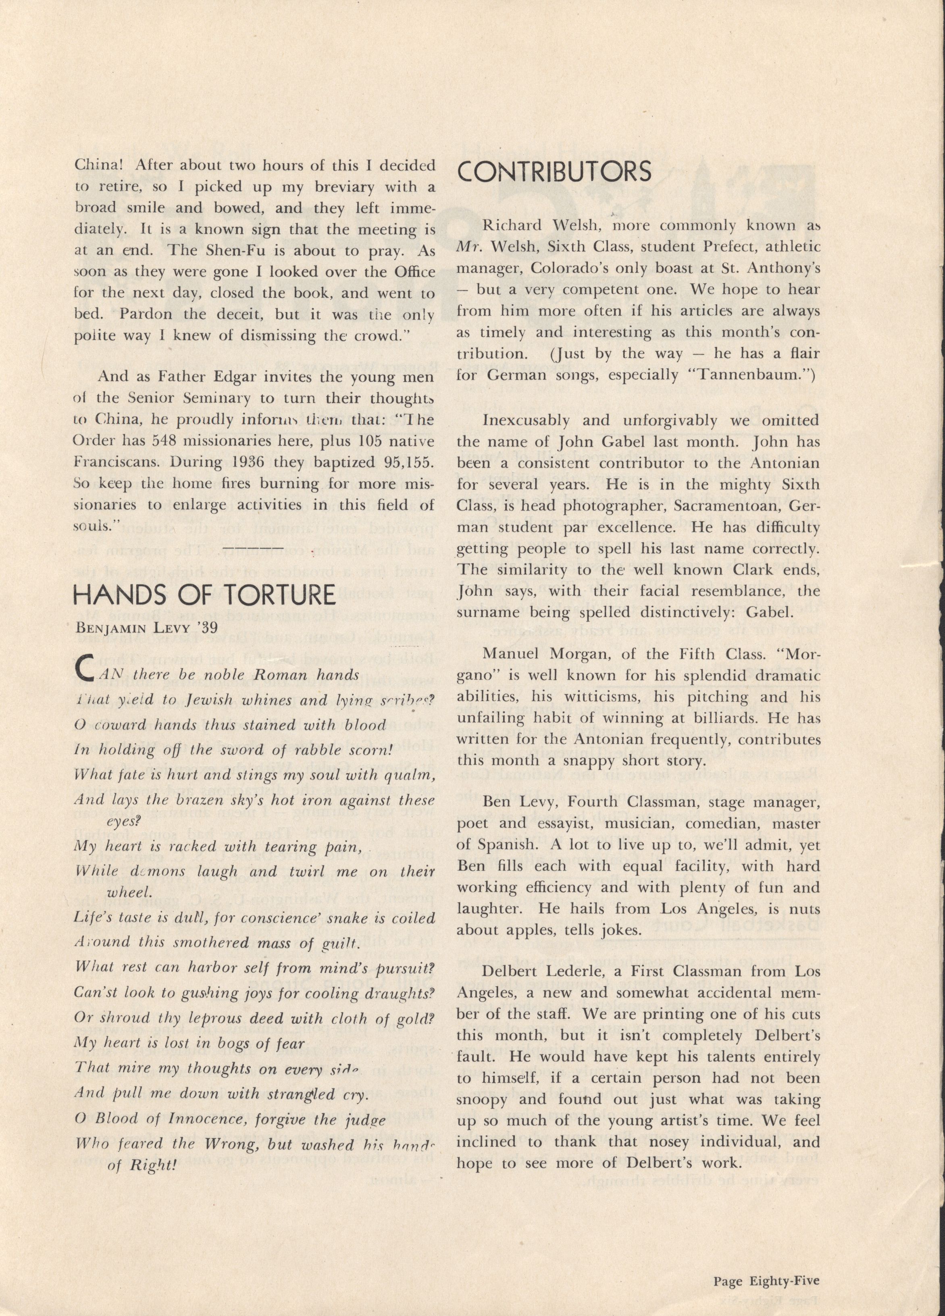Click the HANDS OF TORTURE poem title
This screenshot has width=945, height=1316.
tap(205, 594)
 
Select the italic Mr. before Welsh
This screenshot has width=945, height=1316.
tap(467, 247)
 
